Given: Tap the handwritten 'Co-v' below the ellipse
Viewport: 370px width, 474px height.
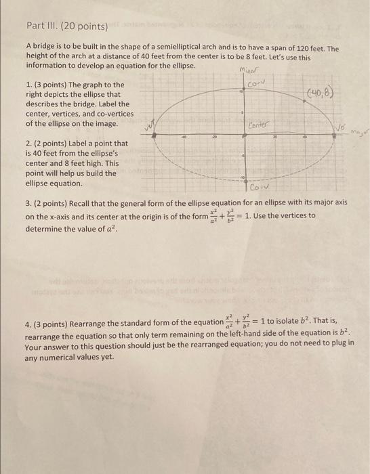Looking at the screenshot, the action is click(x=260, y=187).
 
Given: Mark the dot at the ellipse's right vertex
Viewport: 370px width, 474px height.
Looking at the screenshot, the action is click(x=335, y=136).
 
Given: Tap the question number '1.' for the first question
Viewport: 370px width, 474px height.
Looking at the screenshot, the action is click(x=28, y=85).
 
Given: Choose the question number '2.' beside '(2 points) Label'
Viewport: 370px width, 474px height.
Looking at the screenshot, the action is click(x=28, y=144).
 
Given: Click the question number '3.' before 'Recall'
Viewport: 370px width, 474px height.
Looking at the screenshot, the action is click(x=28, y=202).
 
